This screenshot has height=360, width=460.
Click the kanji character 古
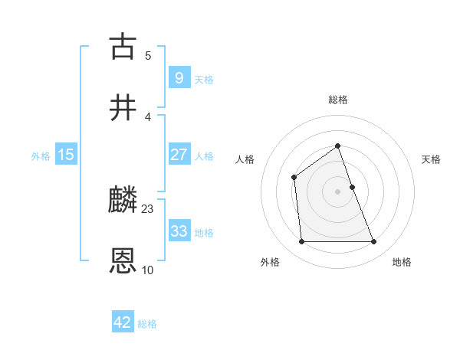coord(123,47)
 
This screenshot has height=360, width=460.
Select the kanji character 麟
coord(123,201)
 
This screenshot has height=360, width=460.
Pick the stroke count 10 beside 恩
coord(148,270)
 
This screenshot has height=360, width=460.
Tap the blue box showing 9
coord(179,77)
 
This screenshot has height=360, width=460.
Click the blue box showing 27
coord(179,155)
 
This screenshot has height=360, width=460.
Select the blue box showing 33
coord(179,231)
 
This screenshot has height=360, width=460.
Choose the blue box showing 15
coord(66,155)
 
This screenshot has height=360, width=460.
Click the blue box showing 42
coord(123,322)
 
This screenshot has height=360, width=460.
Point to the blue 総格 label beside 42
coord(147,324)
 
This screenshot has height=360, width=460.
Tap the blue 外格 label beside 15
coord(41,156)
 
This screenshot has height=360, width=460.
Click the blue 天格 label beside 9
coord(204,79)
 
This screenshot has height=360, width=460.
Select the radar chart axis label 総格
coord(338,100)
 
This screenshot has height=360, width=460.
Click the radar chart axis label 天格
coord(432,159)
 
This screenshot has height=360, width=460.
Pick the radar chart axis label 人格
coord(245,159)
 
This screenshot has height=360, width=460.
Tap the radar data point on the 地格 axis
coord(374,242)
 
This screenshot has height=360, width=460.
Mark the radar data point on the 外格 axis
coord(301,242)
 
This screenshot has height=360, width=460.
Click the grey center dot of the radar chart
coord(338,191)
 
